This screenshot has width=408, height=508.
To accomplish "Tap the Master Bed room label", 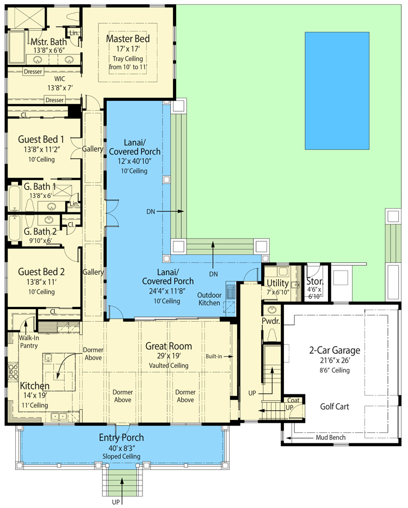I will pyautogui.click(x=128, y=39).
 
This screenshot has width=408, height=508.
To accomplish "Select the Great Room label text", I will pyautogui.click(x=166, y=346).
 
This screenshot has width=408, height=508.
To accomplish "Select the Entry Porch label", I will pyautogui.click(x=121, y=437).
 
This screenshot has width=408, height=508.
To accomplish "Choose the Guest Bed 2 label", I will pyautogui.click(x=41, y=272).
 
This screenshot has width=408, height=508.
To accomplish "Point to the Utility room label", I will pyautogui.click(x=277, y=283).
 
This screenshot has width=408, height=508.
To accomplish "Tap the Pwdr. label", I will pyautogui.click(x=270, y=321).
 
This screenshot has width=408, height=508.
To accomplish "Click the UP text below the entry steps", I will pyautogui.click(x=116, y=502).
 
